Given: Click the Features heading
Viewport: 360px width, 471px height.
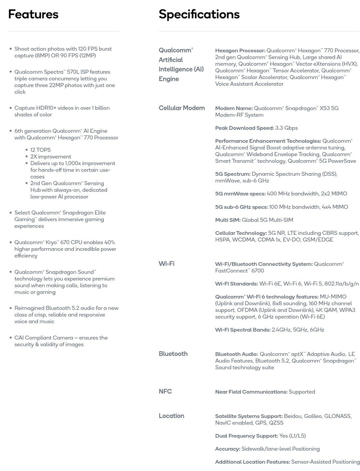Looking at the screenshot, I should tap(33, 15).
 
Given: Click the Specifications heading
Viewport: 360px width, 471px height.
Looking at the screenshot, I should tap(199, 15).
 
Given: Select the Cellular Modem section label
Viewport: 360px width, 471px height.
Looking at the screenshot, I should tap(182, 108).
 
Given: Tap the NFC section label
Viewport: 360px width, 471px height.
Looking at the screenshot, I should tap(165, 391).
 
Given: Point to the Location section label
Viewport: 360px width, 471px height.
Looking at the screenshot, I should tap(171, 416).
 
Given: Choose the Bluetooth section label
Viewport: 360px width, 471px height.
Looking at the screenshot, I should tap(173, 354).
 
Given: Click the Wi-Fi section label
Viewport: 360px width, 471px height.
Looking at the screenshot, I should tap(166, 263).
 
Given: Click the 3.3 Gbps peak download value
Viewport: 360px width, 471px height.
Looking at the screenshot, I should tap(287, 128).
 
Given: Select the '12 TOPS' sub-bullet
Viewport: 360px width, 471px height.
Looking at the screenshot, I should tap(40, 150).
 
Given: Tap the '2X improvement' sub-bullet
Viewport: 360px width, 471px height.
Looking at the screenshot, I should tap(51, 157).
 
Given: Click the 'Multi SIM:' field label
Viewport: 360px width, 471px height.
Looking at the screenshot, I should tap(228, 220).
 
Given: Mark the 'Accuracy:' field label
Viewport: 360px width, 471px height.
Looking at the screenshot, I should tap(227, 449).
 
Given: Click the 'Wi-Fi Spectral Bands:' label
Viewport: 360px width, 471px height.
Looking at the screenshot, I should tap(243, 330).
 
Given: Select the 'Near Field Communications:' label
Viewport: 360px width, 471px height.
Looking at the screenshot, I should tap(251, 392).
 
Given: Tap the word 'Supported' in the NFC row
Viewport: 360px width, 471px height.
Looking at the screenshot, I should tap(302, 392).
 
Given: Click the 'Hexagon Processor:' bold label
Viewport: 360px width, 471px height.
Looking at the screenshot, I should tap(240, 51).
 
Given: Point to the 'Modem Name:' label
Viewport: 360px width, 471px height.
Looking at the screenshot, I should tap(234, 108).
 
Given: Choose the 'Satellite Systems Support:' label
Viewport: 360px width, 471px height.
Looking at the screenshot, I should tap(249, 416).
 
